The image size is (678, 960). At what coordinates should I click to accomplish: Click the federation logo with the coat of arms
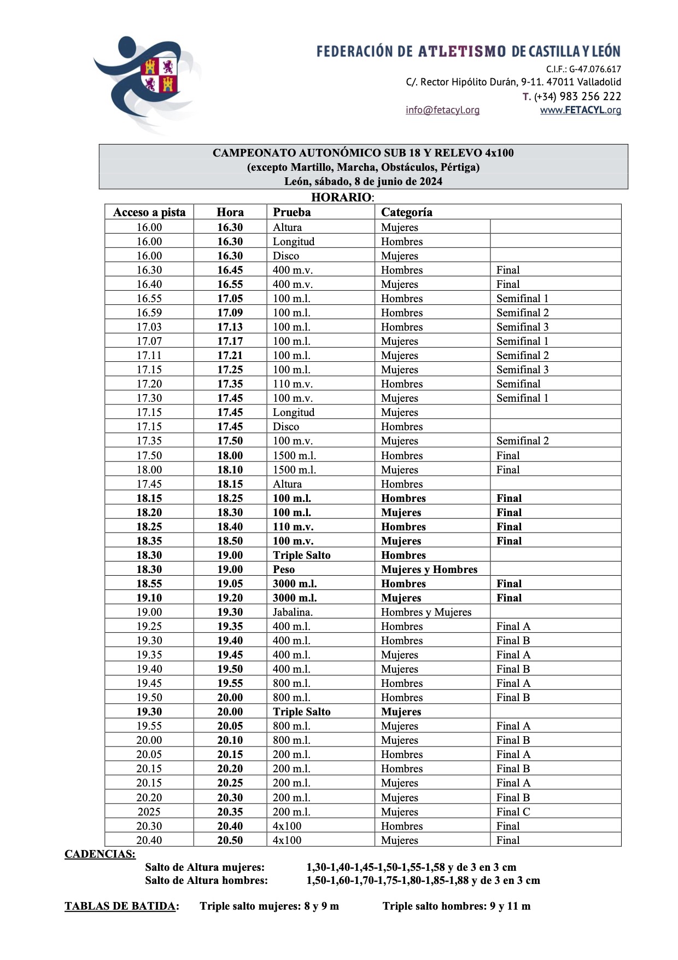147,82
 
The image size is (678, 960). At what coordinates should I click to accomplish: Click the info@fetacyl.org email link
442,110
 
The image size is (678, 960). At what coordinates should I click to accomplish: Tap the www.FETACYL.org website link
580,110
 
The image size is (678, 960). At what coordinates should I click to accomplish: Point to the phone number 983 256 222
578,96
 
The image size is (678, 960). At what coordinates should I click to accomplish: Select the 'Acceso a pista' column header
149,212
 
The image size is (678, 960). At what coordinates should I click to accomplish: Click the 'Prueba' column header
292,212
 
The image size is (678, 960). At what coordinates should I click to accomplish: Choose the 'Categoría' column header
406,212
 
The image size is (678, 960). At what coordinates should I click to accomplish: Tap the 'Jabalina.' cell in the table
293,612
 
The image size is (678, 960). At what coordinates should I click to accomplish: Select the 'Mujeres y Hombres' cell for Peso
429,569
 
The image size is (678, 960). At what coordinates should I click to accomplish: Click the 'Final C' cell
513,812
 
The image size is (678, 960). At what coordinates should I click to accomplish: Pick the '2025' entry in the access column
149,812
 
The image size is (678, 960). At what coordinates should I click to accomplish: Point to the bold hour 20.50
230,840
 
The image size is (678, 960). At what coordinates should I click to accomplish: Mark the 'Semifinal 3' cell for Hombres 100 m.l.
522,327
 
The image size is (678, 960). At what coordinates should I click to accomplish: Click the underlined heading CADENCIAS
100,854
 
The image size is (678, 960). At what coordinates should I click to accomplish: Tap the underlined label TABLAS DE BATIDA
120,906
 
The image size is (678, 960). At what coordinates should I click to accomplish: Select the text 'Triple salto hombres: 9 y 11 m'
457,906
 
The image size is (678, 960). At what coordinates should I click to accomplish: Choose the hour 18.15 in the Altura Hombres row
230,484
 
